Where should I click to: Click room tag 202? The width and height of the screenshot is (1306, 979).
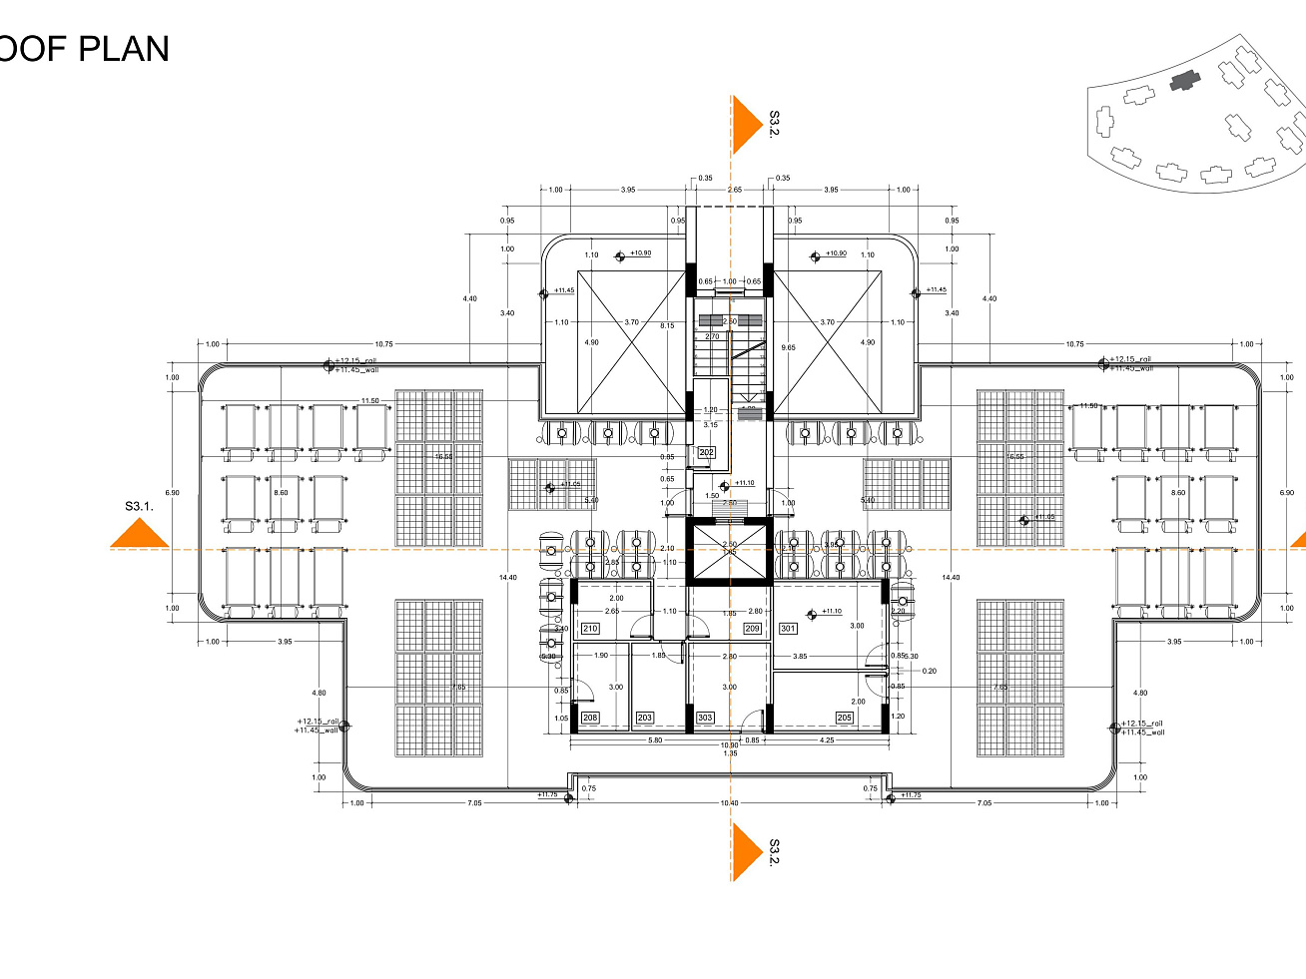[x=707, y=453]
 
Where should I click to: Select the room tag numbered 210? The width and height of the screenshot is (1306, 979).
[x=590, y=629]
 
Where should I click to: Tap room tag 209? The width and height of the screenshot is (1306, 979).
[x=753, y=629]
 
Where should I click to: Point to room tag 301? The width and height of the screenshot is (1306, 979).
[x=788, y=629]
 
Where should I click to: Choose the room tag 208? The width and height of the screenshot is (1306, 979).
[x=590, y=718]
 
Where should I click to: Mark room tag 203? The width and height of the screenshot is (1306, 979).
[x=645, y=718]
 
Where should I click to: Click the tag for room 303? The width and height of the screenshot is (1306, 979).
[x=705, y=718]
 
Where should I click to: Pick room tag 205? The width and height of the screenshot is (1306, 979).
[x=845, y=718]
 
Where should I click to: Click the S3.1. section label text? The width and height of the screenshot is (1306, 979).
[x=140, y=506]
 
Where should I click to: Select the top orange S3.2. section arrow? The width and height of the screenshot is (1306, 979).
[x=745, y=126]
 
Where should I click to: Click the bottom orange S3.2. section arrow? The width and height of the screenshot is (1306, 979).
[x=745, y=851]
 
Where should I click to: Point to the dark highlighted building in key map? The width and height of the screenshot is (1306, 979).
[x=1184, y=81]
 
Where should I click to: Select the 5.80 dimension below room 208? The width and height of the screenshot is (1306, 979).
[x=655, y=740]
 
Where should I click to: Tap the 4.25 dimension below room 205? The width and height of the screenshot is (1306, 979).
[x=827, y=740]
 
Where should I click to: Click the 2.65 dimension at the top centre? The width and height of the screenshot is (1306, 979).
[x=734, y=190]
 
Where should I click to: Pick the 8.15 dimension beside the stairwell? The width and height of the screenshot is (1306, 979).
[x=666, y=325]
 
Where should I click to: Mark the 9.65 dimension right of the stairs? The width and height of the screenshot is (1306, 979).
[x=788, y=347]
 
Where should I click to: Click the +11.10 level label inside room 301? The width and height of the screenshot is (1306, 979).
[x=831, y=612]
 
